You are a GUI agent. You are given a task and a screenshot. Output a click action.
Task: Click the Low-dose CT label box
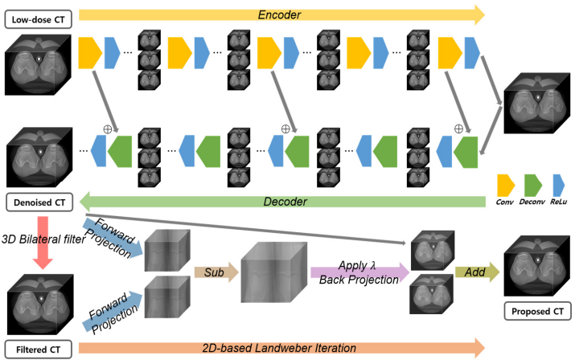tap(38, 19)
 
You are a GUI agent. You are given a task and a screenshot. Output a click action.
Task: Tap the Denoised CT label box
tap(39, 202)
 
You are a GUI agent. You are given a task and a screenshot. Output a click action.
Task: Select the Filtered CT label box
tap(38, 350)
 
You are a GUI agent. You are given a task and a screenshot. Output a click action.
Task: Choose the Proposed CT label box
tap(537, 311)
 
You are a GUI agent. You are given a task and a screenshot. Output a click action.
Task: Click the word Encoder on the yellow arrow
tap(279, 15)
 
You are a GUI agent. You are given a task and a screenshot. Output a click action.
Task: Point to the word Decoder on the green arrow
tap(285, 202)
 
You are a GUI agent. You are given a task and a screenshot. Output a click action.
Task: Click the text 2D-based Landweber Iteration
tap(279, 348)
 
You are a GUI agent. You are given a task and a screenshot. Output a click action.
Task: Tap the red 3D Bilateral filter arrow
tap(43, 243)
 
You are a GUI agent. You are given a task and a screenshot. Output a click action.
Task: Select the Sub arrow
tap(216, 272)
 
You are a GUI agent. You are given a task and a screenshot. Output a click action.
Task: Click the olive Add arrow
tap(477, 272)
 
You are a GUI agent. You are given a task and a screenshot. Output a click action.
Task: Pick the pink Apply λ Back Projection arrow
tap(360, 272)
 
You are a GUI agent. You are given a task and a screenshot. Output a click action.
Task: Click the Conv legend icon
tap(506, 186)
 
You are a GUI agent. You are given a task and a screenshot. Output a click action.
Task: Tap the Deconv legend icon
tap(533, 186)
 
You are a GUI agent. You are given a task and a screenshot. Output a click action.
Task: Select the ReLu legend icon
tap(558, 186)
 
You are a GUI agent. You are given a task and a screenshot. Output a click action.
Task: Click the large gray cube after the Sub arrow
tap(274, 272)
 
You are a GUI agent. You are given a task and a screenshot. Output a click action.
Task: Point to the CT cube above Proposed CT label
tap(537, 266)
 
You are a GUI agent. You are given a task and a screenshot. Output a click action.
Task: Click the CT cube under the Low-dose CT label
tap(38, 65)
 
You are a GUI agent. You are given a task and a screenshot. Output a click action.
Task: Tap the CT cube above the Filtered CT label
tap(40, 304)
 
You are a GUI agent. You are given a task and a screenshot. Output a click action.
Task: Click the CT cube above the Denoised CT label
tap(39, 157)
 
